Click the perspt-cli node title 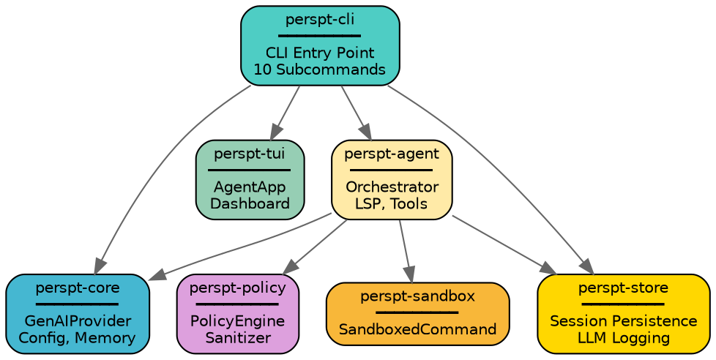pos(319,19)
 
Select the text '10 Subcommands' pos(319,69)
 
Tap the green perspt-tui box pos(250,179)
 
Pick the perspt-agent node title pos(391,153)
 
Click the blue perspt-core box pos(77,313)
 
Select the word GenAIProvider pos(77,321)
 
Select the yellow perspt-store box pos(623,313)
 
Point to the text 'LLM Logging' pos(623,337)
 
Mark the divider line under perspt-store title pos(623,304)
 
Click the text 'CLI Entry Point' pos(319,53)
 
